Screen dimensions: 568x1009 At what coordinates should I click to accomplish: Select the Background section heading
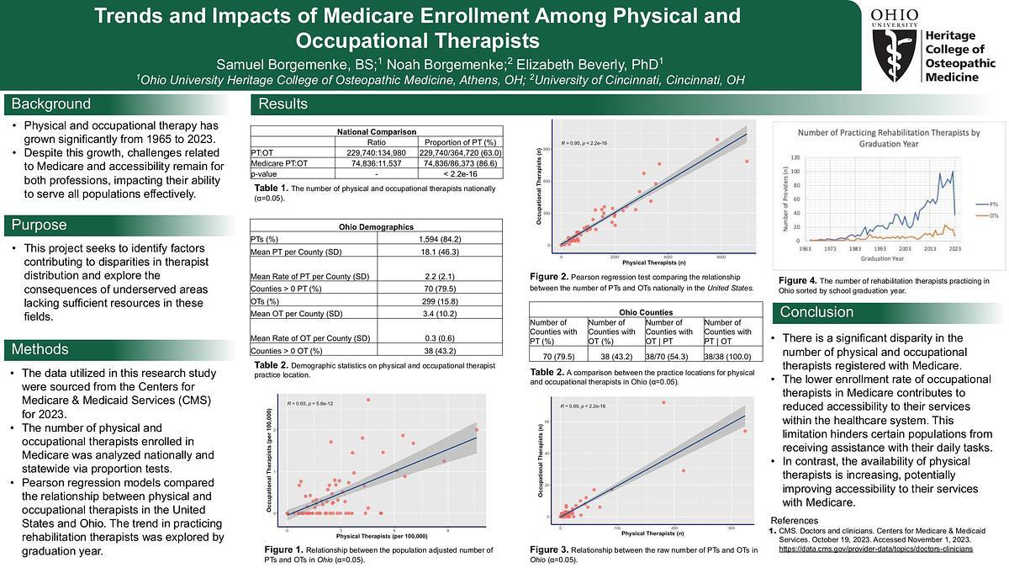click(x=50, y=104)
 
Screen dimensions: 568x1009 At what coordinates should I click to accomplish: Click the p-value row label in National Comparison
click(x=266, y=173)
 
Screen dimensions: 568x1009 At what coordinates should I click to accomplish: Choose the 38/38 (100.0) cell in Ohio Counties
click(x=732, y=355)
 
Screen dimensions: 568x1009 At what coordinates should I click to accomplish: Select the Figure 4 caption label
click(x=796, y=280)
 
